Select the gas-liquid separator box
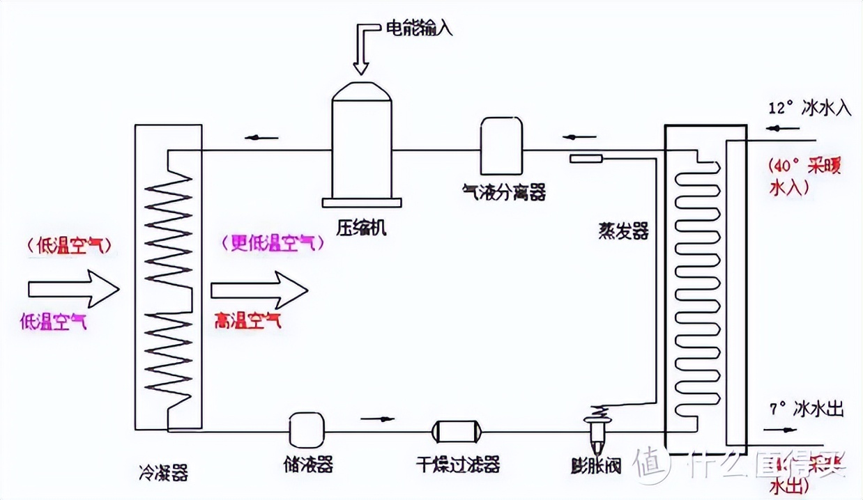[501, 146]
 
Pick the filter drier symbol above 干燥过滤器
[457, 432]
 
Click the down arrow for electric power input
[360, 52]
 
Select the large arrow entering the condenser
[73, 288]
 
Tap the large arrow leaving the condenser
[259, 289]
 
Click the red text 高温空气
[247, 321]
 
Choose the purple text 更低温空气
[273, 243]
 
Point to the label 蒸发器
[623, 231]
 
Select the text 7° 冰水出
[807, 409]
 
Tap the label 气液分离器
[504, 191]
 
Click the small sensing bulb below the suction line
[586, 159]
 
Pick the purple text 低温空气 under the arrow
[54, 322]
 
